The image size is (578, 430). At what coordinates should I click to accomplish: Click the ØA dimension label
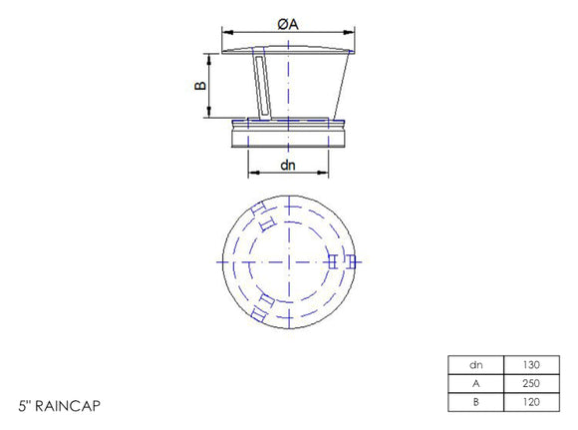click(x=287, y=24)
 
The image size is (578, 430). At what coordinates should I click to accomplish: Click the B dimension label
click(x=200, y=86)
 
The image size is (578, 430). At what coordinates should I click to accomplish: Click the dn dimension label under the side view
click(x=287, y=165)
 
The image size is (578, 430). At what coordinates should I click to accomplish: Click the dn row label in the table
click(x=476, y=364)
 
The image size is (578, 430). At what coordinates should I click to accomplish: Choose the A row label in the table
click(x=476, y=383)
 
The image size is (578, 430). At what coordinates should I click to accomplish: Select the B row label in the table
click(x=476, y=401)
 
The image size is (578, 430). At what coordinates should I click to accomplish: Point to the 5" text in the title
click(x=25, y=407)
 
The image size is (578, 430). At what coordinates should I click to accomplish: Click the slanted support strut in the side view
click(x=261, y=88)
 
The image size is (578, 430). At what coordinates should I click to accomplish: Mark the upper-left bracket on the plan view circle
click(x=262, y=216)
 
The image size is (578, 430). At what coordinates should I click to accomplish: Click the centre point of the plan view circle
click(x=287, y=261)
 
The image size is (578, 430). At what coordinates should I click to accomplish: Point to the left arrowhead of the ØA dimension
click(x=223, y=32)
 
